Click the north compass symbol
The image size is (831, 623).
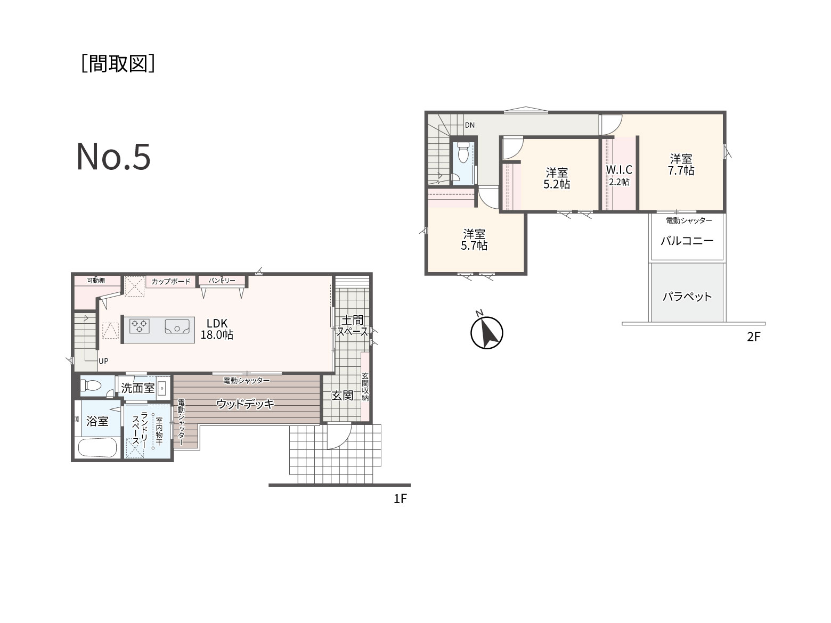click(x=486, y=332)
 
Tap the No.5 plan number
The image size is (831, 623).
click(x=113, y=157)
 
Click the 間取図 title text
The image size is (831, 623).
click(x=118, y=63)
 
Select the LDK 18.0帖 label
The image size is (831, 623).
click(x=217, y=329)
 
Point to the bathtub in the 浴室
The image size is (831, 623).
click(x=97, y=447)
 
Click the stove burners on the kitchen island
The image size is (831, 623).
click(x=140, y=326)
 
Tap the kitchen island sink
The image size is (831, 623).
click(x=177, y=326)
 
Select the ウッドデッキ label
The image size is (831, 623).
click(x=246, y=404)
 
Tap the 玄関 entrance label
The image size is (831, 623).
click(x=343, y=396)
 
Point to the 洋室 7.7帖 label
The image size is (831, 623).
click(x=681, y=165)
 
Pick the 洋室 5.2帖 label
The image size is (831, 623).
click(x=557, y=178)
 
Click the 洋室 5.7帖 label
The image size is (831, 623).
click(x=474, y=240)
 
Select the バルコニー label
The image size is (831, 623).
click(x=687, y=241)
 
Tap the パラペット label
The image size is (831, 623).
click(x=687, y=296)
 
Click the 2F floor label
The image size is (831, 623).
click(x=753, y=337)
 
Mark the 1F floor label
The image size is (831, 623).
click(x=400, y=499)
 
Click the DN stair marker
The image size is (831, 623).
click(x=469, y=125)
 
